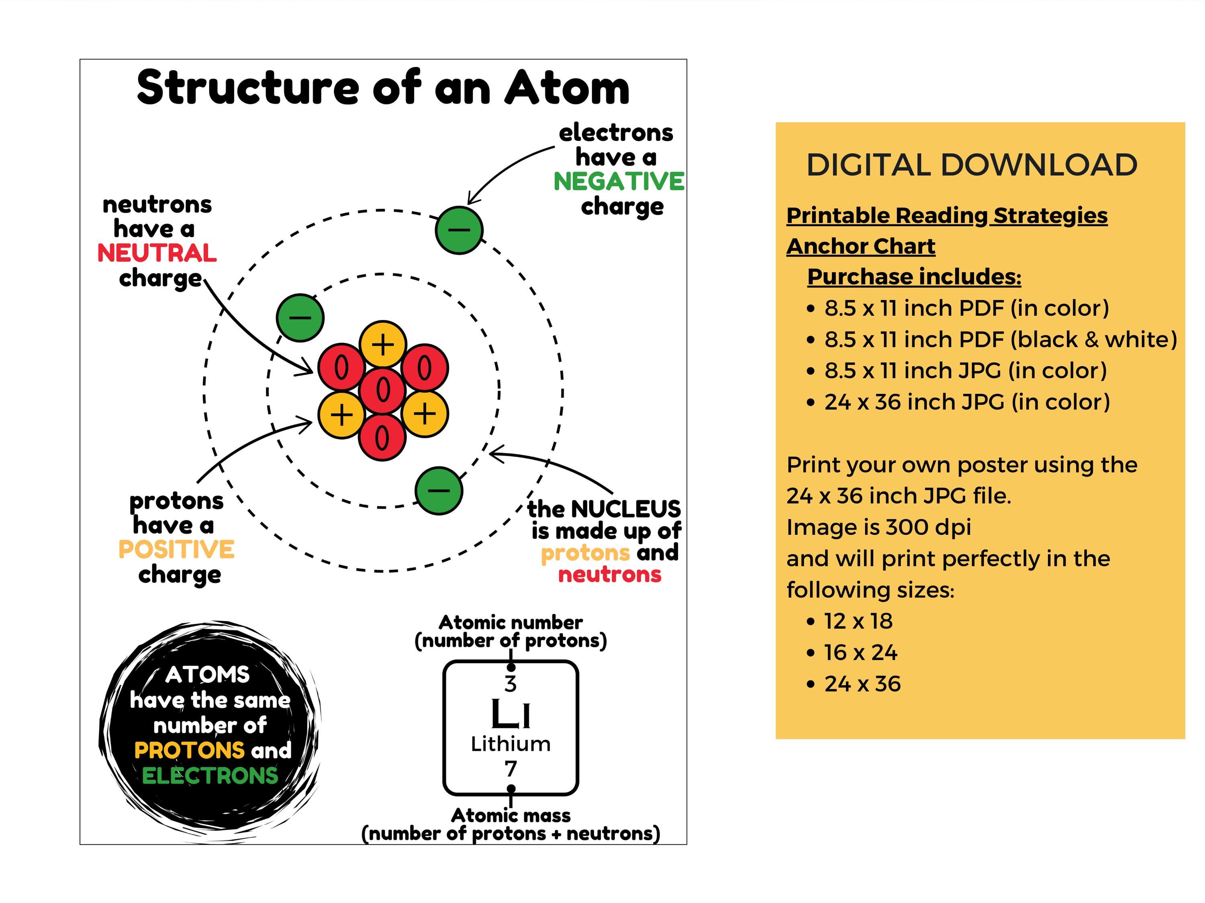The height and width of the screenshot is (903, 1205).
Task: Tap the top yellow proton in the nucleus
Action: pyautogui.click(x=383, y=344)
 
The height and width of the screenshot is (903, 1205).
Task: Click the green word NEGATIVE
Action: pyautogui.click(x=619, y=182)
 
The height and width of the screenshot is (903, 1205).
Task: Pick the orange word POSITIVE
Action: pyautogui.click(x=176, y=550)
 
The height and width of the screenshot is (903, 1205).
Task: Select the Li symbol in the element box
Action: pyautogui.click(x=511, y=714)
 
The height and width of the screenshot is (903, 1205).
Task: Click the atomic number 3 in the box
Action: pyautogui.click(x=511, y=684)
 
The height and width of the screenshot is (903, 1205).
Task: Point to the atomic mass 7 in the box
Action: pyautogui.click(x=511, y=769)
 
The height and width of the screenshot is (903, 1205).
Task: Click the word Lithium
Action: pyautogui.click(x=511, y=744)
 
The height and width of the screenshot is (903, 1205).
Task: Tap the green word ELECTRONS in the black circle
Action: pyautogui.click(x=210, y=776)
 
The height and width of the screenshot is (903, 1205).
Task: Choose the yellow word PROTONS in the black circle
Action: pyautogui.click(x=190, y=750)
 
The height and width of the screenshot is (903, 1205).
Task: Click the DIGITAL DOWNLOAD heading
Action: pyautogui.click(x=972, y=165)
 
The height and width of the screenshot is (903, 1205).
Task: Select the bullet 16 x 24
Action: pyautogui.click(x=861, y=652)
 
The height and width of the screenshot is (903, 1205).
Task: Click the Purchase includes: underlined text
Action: pyautogui.click(x=914, y=277)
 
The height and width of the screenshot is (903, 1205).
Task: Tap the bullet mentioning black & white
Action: pyautogui.click(x=1000, y=339)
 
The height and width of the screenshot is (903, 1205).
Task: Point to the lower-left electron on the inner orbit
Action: pyautogui.click(x=300, y=318)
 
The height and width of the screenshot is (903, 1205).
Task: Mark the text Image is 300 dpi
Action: pyautogui.click(x=879, y=527)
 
